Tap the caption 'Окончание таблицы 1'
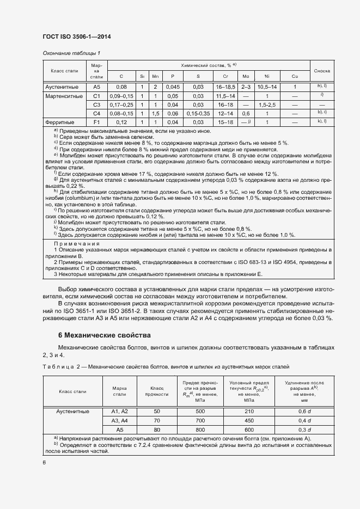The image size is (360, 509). (x=71, y=53)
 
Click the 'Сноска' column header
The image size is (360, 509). (x=322, y=71)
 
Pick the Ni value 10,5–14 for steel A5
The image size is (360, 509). (x=267, y=87)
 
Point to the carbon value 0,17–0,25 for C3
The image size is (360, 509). (x=121, y=105)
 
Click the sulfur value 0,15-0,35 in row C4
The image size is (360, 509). (x=198, y=113)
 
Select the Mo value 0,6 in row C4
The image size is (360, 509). (x=245, y=113)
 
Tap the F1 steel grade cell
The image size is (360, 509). (x=97, y=122)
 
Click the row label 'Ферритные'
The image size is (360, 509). (x=65, y=122)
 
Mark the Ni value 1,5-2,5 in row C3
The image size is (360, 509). (x=267, y=105)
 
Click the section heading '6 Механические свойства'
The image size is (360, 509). (x=105, y=335)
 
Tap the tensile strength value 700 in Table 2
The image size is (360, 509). (x=200, y=421)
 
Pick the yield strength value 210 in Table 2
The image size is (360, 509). (x=249, y=412)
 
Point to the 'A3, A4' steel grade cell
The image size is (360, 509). (x=119, y=421)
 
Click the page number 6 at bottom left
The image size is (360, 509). (x=44, y=462)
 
